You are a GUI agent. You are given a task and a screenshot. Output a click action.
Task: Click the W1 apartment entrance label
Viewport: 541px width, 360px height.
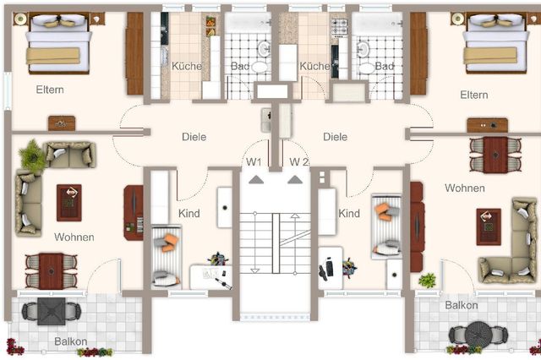(254, 161)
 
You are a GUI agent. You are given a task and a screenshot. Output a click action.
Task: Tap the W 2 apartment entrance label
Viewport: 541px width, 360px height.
(298, 161)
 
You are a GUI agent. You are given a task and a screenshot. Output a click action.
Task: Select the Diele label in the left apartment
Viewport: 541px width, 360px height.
(194, 137)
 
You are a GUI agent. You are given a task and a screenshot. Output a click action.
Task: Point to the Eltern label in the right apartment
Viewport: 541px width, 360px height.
(473, 95)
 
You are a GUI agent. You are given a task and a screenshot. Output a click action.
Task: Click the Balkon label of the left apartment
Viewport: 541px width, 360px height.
(71, 341)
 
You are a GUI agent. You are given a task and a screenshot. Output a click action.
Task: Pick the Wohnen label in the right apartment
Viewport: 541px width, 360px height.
(464, 188)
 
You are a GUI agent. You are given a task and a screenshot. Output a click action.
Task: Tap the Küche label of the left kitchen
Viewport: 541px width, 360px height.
(187, 66)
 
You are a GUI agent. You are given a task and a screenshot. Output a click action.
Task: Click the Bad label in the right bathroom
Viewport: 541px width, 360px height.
(384, 66)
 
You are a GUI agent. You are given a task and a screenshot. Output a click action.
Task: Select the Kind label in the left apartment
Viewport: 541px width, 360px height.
(189, 214)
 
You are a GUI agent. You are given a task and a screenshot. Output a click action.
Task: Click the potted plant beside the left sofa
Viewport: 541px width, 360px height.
(33, 155)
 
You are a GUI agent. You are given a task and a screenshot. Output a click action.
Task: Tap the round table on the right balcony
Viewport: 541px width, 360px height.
(478, 334)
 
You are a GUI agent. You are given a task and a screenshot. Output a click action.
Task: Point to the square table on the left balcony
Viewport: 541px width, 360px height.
(52, 311)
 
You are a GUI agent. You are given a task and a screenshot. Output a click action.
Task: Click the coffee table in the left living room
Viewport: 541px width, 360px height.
(69, 203)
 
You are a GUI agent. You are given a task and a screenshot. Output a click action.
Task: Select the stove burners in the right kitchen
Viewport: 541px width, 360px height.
(339, 27)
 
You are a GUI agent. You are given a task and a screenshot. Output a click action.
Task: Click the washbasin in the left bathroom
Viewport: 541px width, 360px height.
(265, 49)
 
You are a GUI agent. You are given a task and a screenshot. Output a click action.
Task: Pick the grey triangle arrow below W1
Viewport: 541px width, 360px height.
(256, 179)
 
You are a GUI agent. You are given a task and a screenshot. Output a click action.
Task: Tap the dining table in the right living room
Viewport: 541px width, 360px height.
(495, 155)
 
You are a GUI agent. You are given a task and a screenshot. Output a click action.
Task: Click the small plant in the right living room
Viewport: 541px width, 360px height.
(427, 281)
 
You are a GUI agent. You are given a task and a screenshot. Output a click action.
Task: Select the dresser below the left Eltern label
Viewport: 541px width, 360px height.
(62, 123)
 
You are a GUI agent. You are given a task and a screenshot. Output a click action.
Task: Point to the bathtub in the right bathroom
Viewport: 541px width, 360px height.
(377, 23)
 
